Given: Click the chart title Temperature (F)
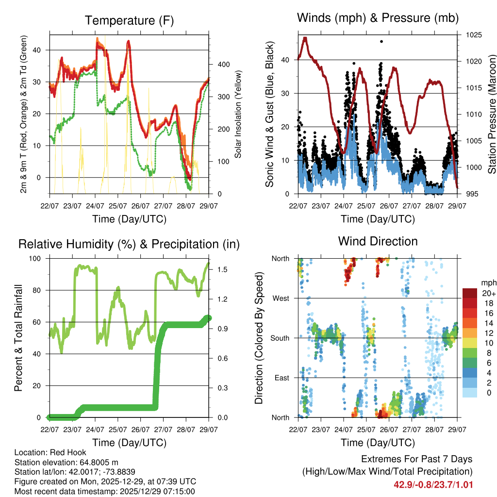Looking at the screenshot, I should [x=129, y=20].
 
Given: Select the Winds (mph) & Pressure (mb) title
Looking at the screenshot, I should [x=378, y=18].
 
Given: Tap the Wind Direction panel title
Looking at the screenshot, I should [x=378, y=241].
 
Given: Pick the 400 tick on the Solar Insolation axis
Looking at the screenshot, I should [x=217, y=64].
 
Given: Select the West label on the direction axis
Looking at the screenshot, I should [x=280, y=298].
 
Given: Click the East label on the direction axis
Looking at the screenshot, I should [x=282, y=378].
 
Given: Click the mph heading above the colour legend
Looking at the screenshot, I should [x=487, y=282].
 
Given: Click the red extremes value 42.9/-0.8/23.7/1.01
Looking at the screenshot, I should [x=433, y=484].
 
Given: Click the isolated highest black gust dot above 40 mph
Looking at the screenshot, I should [x=381, y=42].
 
